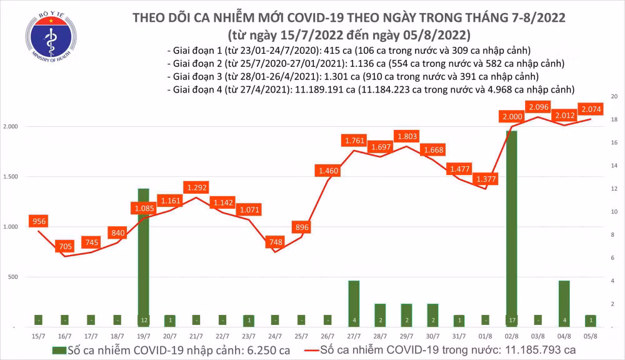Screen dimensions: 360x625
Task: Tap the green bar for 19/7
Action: coord(143,256)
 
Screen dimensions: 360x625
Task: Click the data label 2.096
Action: coord(539,107)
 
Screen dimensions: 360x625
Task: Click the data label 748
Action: coord(274,242)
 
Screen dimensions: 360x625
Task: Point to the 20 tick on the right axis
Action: coord(614,97)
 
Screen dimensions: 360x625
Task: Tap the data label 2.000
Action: coord(512,117)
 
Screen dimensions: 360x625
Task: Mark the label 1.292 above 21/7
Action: coord(196,187)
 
